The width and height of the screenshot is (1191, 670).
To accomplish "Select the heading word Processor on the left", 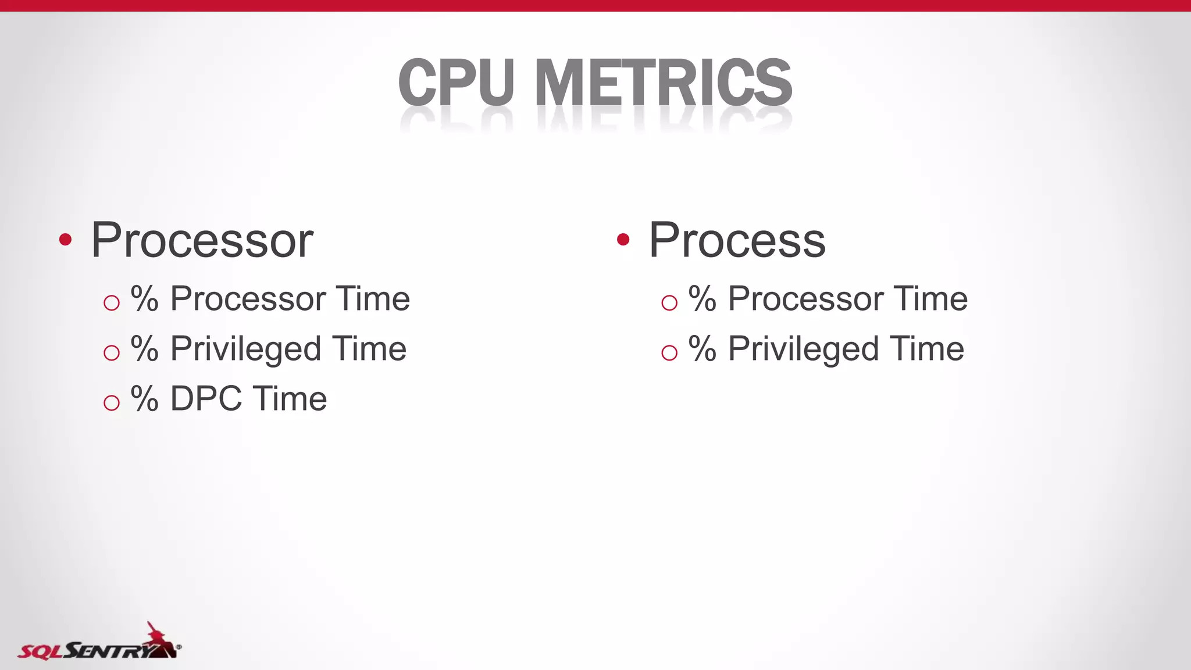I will click(202, 240).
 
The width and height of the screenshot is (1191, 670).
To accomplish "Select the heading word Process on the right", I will click(737, 240).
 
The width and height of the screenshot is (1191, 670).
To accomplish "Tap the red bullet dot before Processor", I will click(65, 240).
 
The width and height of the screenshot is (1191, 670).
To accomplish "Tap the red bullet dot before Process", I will click(623, 240).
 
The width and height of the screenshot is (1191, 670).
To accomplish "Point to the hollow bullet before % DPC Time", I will click(111, 402).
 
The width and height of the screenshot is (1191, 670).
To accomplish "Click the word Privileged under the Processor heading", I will click(245, 349).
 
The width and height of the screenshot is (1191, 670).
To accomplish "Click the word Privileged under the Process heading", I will click(803, 349).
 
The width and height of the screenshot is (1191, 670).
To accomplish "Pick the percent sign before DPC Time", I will click(144, 399).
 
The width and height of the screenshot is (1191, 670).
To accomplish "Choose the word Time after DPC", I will click(290, 399).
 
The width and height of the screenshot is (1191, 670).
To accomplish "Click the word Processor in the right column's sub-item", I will click(805, 299).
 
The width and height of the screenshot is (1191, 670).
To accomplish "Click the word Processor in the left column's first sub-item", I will click(247, 299).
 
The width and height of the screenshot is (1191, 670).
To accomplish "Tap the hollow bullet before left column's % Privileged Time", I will click(111, 352).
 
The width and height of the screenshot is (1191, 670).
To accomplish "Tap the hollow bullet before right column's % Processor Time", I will click(669, 302).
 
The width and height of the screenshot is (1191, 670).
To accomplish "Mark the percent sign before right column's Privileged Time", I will click(702, 349).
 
